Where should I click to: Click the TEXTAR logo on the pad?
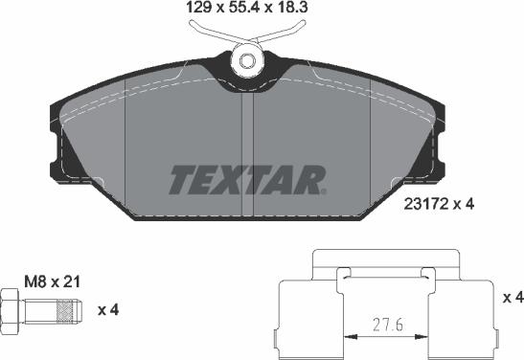coord(248,178)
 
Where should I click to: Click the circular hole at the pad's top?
coord(249,61)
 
